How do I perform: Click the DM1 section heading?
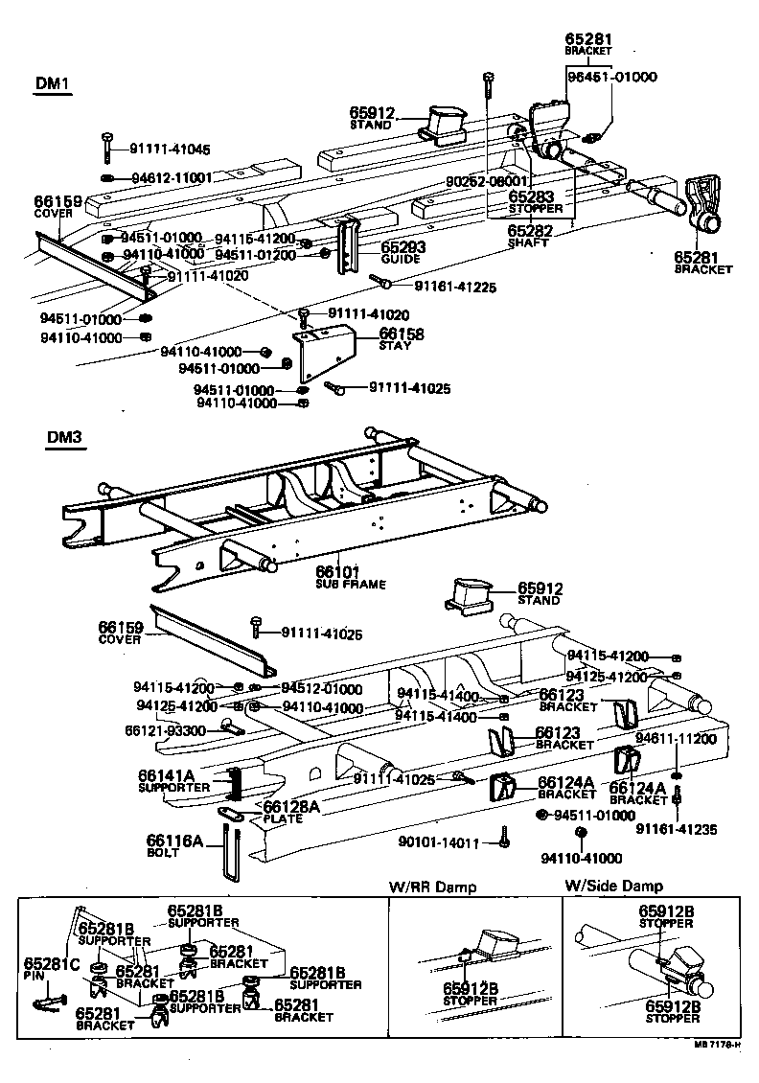pos(55,83)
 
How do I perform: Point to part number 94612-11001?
pos(171,178)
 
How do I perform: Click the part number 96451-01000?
pos(611,77)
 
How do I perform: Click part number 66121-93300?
pos(165,730)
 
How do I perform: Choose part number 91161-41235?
pos(677,828)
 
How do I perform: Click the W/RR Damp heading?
pos(432,887)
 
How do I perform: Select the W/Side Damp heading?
pos(613,887)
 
